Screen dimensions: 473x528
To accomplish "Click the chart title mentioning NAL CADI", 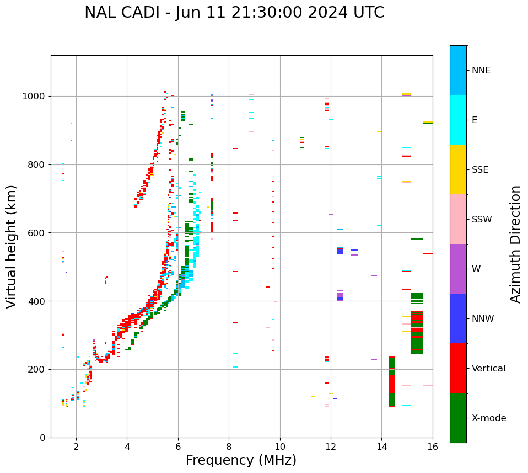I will (234, 13).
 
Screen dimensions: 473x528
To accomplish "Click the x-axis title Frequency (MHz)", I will (241, 460).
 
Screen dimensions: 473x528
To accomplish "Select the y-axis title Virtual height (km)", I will (12, 246).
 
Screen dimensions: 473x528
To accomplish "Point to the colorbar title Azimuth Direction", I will (515, 244).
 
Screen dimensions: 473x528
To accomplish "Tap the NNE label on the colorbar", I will (481, 71).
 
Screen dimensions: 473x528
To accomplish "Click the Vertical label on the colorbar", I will (488, 369).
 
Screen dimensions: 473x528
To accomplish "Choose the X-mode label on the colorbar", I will (489, 418).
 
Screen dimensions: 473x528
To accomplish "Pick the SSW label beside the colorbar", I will (482, 220).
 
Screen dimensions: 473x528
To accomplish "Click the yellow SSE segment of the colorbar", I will (458, 169).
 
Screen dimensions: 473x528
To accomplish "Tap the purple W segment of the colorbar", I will (458, 269).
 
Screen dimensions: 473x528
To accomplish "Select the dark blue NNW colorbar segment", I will (458, 318).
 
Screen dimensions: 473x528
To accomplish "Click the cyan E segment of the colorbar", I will (458, 120).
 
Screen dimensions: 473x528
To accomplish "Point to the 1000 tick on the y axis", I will (35, 97).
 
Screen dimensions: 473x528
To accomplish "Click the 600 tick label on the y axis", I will (37, 233).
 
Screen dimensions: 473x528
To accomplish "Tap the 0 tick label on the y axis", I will (42, 438).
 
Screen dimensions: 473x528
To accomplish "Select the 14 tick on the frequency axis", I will (381, 447).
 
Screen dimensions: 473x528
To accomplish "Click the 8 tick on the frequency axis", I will (229, 447).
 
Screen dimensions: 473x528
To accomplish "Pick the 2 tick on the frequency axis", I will (76, 447).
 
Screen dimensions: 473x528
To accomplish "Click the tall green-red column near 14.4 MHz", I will (392, 381).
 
